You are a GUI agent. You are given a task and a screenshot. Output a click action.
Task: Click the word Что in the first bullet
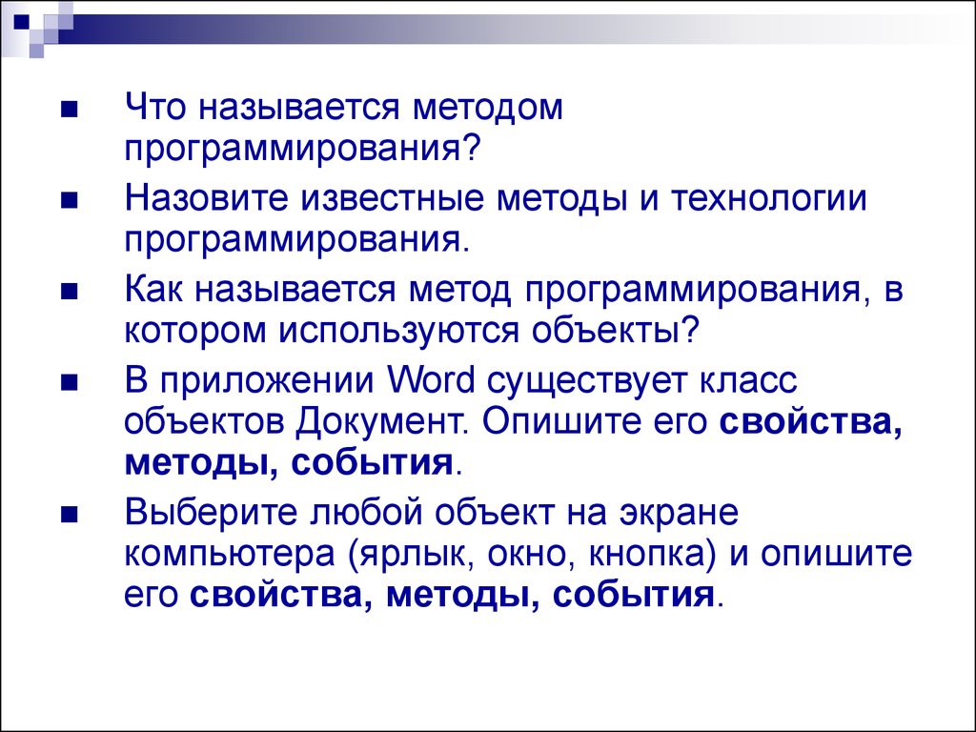155,107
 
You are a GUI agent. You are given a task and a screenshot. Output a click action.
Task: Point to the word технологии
769,198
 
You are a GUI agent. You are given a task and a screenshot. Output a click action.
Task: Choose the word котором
194,330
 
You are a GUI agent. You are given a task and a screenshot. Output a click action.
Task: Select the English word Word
431,379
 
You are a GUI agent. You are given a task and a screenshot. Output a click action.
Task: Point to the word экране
679,514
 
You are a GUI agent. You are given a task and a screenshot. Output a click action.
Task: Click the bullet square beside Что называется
69,110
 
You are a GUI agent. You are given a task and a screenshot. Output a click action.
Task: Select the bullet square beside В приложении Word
69,382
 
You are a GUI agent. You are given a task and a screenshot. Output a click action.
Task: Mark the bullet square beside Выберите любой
69,514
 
